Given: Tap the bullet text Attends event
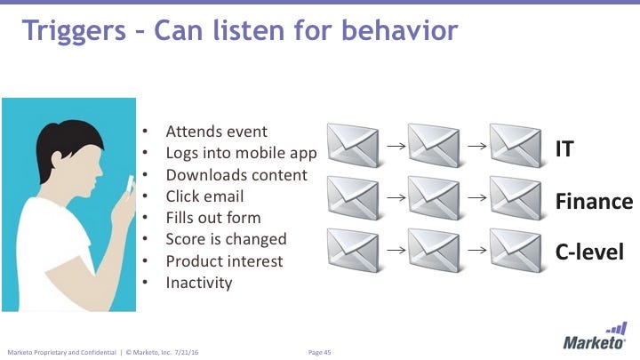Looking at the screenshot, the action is (x=216, y=132).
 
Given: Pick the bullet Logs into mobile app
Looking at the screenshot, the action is (x=241, y=153).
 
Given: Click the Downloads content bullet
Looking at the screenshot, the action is (x=236, y=175).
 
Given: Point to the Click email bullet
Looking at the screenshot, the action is (x=204, y=196).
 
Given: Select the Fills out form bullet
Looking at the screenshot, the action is (x=213, y=218).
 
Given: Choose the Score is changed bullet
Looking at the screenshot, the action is (x=226, y=239).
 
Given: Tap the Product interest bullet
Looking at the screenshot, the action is (x=224, y=261).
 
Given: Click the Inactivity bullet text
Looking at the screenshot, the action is (x=198, y=283).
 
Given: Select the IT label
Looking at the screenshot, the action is (x=564, y=148).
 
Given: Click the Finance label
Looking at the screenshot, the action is (x=594, y=202).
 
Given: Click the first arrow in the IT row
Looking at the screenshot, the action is (x=392, y=141).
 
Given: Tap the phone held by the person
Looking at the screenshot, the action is (x=130, y=188).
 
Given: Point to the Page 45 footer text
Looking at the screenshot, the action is (x=319, y=353).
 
